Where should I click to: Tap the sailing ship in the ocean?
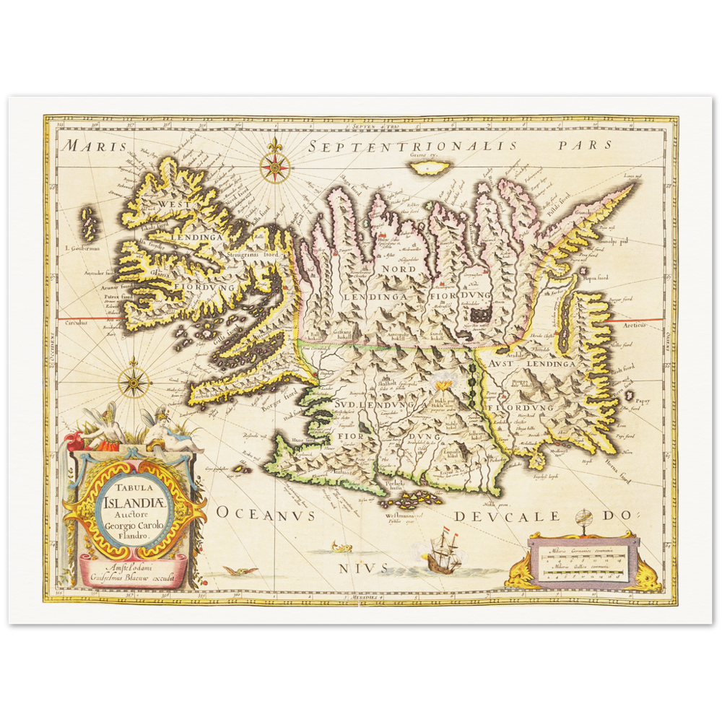[x=438, y=554]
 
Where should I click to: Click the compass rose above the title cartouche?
[x=134, y=383]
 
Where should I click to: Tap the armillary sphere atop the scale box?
[x=586, y=519]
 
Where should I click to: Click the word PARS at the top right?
[x=584, y=144]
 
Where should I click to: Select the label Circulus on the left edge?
[x=78, y=323]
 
